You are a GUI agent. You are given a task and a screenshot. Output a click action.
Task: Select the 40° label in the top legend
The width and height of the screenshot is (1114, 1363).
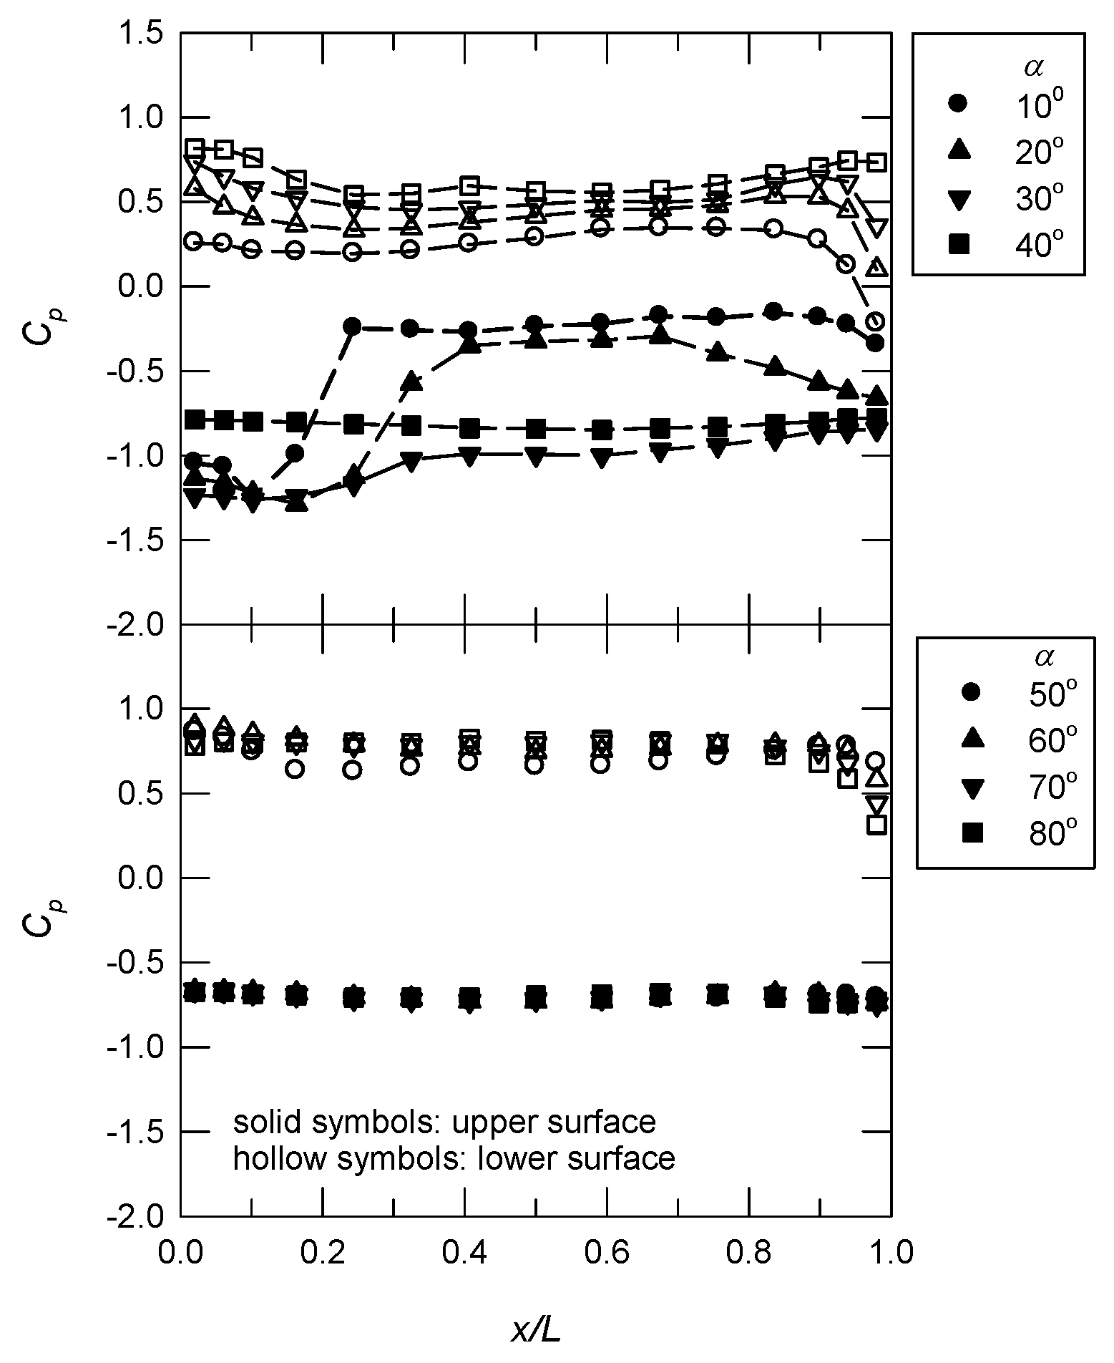click(1035, 246)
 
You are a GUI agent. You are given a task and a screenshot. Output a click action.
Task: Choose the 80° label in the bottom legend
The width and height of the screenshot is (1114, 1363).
click(1047, 833)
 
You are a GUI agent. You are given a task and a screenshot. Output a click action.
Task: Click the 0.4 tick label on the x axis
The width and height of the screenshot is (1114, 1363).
click(466, 1253)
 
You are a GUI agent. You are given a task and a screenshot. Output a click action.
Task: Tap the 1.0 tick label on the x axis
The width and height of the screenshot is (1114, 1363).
click(890, 1253)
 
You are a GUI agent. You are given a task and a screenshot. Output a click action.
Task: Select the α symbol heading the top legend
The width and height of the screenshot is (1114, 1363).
click(1032, 67)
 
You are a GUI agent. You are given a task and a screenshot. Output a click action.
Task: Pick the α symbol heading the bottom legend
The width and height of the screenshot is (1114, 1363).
click(1045, 656)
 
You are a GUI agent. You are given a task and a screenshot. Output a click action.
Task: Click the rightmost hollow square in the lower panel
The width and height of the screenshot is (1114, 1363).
click(877, 824)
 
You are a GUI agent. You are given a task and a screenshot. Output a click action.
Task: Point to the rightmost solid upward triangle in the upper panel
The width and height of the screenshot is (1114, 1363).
click(879, 396)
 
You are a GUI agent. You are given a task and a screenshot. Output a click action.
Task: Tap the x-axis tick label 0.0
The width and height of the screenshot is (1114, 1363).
click(182, 1253)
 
